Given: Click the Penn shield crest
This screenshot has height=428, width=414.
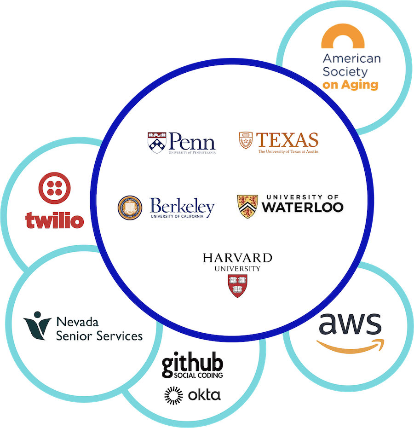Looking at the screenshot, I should coord(156,142).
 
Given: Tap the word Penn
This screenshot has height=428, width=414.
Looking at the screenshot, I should coord(190,140).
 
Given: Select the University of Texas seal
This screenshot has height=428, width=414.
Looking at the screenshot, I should coord(246,140).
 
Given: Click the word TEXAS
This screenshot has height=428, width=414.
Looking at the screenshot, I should coord(287,139).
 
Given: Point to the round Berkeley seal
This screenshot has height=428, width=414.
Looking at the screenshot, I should coord(130,207).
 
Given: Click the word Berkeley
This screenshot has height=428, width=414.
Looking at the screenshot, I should coord(182,206).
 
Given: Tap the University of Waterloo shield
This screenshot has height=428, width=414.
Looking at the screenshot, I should coord(247,206).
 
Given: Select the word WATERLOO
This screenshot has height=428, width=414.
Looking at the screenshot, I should coord(303,207).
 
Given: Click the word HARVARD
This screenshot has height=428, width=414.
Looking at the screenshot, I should coord(237,257).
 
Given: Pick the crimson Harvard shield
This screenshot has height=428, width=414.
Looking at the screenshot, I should coord(237,286).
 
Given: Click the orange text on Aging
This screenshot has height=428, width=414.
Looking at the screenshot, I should coord(350,85).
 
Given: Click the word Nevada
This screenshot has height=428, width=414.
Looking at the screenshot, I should coord(77,321).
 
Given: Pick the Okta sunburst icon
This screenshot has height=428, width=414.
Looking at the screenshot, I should coord(173,395).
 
